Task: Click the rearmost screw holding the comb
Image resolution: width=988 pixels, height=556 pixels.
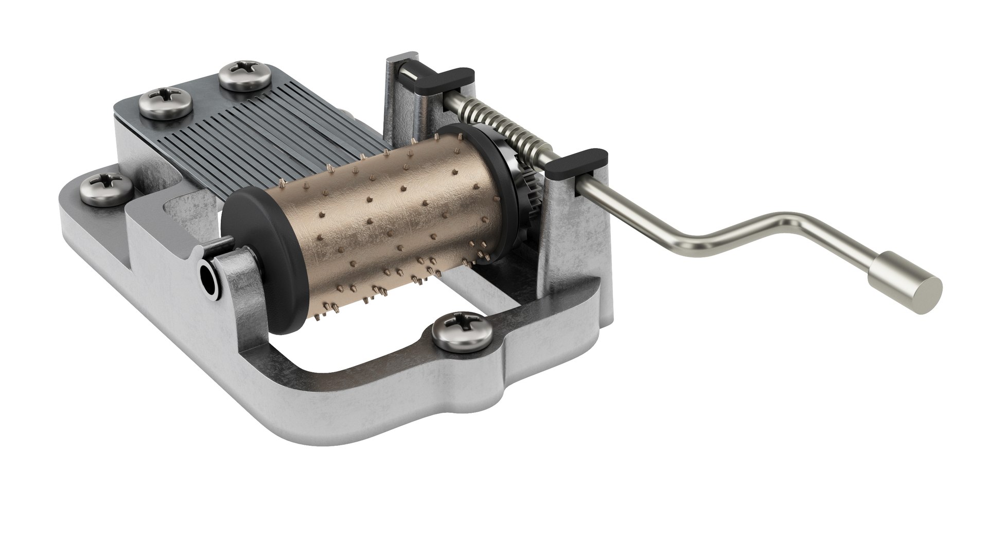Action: tap(245, 75)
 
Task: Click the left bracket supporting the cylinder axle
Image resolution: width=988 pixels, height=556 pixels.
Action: tap(232, 288)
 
